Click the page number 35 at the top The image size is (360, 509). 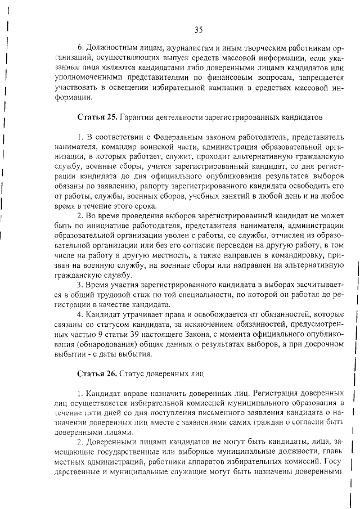click(x=198, y=30)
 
